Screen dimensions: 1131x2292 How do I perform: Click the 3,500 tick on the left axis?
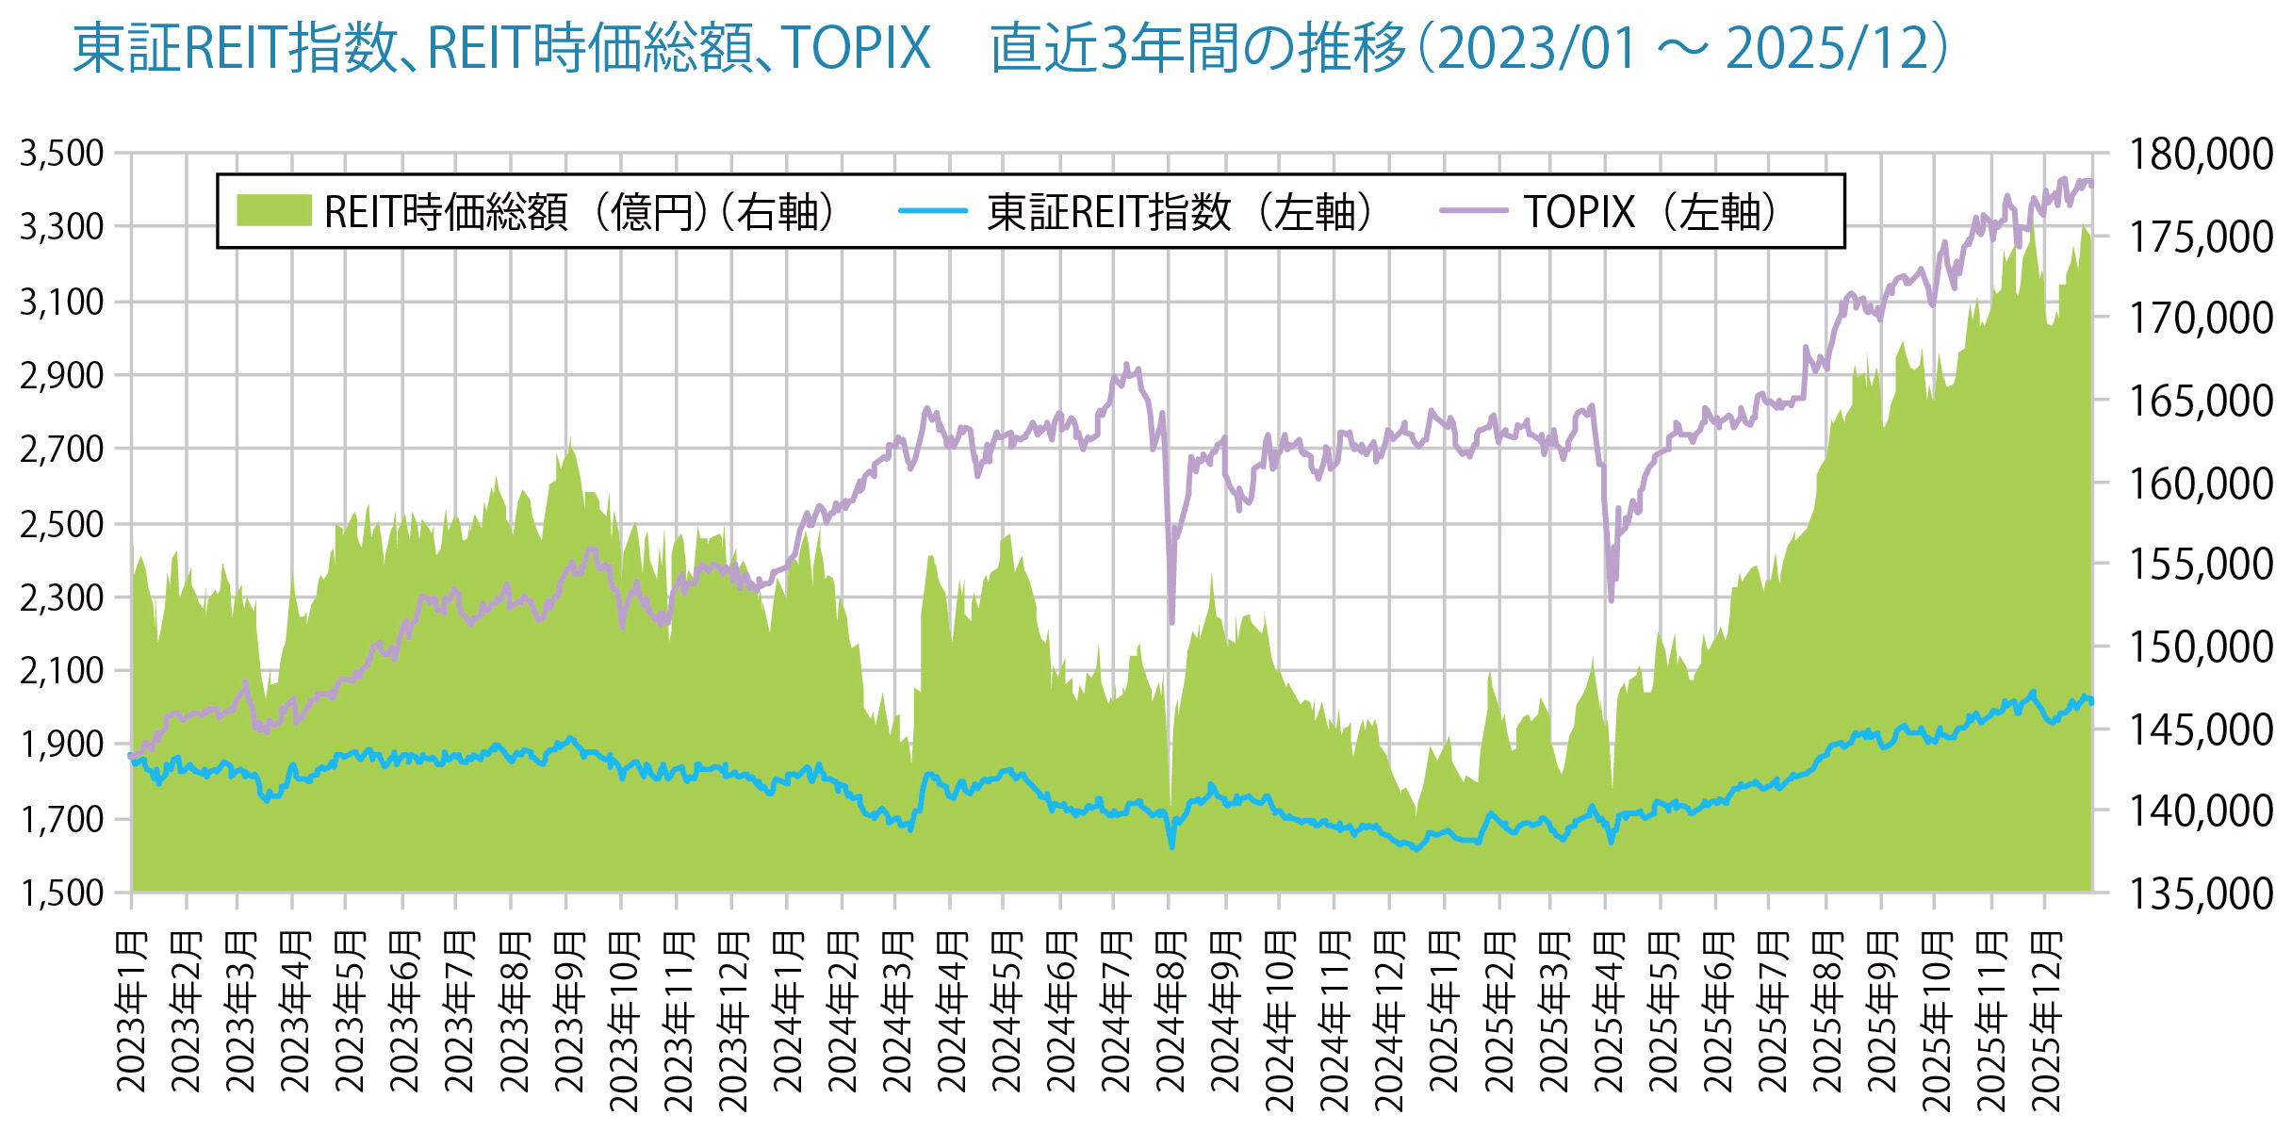62,154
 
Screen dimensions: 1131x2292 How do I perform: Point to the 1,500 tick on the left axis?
62,893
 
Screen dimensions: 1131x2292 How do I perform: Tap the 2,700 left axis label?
62,450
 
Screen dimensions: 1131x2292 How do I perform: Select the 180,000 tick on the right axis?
2201,155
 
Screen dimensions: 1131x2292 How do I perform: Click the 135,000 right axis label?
2201,893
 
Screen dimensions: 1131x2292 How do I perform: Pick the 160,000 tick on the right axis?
2201,484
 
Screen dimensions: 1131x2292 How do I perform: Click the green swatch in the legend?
273,211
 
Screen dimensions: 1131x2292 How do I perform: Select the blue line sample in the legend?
932,211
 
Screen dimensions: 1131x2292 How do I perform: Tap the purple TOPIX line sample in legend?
1473,211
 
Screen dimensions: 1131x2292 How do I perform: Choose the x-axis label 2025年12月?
2044,1023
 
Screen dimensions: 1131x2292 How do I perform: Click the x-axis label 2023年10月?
622,1023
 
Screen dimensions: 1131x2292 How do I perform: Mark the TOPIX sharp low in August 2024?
1171,622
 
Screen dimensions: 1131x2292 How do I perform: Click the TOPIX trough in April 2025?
1611,599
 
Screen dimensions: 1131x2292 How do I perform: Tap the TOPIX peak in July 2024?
1126,365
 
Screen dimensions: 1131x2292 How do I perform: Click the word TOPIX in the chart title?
856,48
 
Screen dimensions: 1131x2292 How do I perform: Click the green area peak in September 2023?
569,439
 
